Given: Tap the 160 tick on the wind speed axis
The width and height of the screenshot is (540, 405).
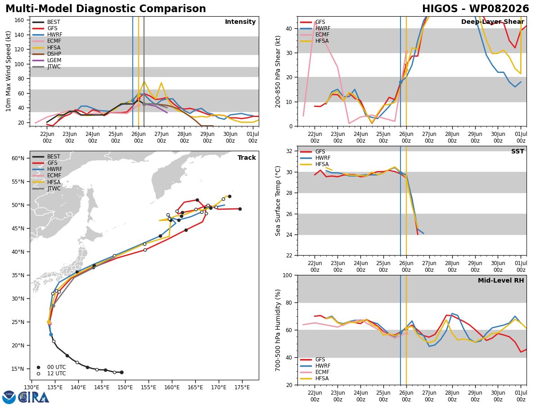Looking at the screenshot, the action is (19, 20).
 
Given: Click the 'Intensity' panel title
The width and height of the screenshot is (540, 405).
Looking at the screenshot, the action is (240, 22).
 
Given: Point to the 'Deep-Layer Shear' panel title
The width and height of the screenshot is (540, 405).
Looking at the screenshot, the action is (492, 22).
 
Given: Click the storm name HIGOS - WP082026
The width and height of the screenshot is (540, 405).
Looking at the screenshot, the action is (475, 9).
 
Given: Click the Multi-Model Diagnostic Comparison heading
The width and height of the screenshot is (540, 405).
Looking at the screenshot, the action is (106, 9).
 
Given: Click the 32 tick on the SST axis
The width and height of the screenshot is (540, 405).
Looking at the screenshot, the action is (289, 151).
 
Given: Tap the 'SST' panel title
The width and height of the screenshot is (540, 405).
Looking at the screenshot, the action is (517, 152).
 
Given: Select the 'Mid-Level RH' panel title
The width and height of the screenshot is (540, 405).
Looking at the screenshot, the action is (501, 280).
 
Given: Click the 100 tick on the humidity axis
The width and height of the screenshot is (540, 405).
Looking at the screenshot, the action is (288, 275).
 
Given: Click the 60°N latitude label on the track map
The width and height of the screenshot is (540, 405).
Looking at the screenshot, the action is (18, 158).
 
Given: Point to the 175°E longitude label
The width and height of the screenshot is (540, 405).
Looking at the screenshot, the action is (242, 388).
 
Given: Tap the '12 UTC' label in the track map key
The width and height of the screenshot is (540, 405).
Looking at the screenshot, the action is (57, 373).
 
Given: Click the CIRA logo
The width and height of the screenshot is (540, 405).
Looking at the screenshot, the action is (26, 397).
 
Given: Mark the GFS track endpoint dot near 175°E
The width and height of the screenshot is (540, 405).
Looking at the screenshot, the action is (240, 209).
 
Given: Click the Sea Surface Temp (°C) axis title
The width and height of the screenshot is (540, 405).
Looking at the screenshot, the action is (278, 201).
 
